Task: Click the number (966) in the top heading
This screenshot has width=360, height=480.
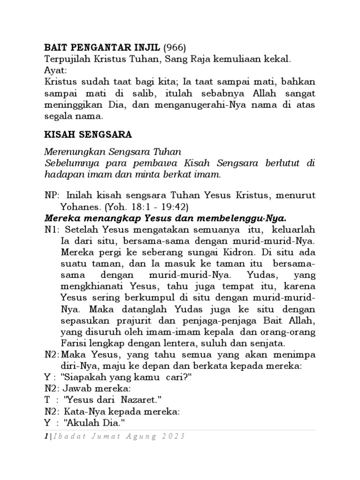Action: pyautogui.click(x=175, y=47)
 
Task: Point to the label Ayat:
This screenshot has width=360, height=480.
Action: pyautogui.click(x=55, y=71)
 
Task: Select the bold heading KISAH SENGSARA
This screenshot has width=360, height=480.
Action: pyautogui.click(x=88, y=135)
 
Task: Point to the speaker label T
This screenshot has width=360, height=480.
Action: pyautogui.click(x=47, y=400)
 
